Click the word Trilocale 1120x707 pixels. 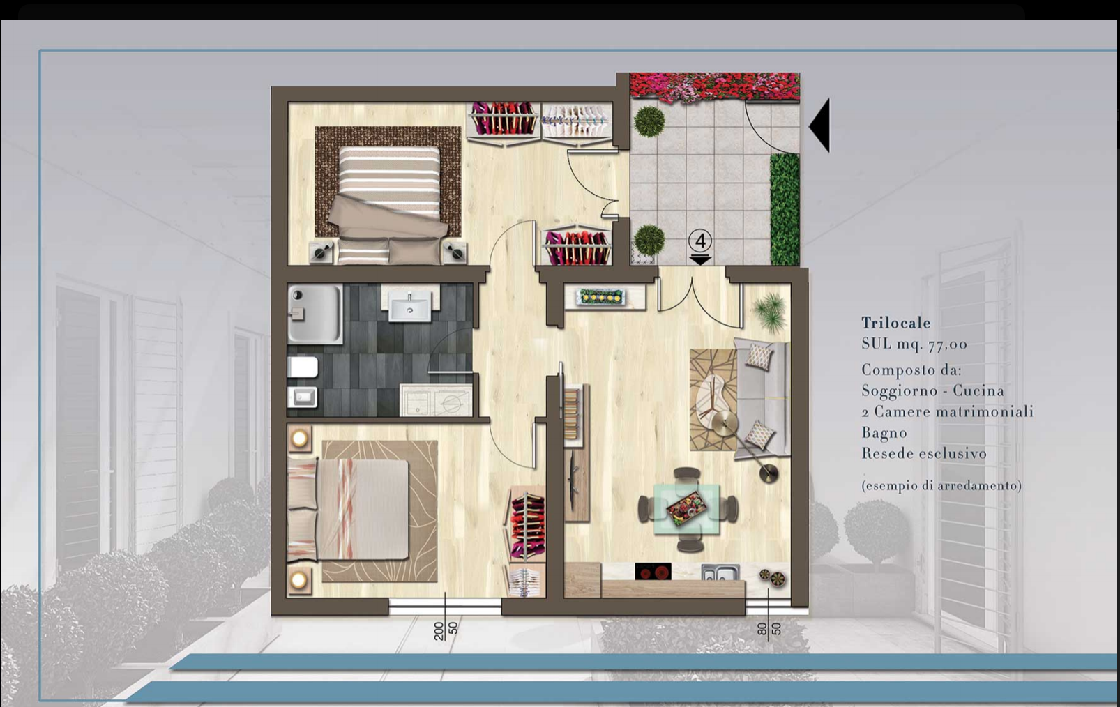(895, 323)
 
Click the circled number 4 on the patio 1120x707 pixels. (700, 241)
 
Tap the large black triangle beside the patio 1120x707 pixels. (819, 125)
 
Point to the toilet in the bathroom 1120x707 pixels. (303, 367)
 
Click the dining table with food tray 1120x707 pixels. (688, 509)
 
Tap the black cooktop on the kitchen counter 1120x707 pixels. (653, 572)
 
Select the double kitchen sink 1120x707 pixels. (720, 572)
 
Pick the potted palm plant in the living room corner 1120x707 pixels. (771, 313)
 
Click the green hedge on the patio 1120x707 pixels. (785, 209)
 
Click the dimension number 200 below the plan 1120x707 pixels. (439, 631)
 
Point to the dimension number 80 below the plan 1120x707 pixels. (762, 629)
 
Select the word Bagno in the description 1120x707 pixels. (884, 433)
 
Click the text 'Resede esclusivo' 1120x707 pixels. (924, 453)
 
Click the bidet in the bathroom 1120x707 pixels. (303, 397)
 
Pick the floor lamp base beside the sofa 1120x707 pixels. (769, 473)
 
